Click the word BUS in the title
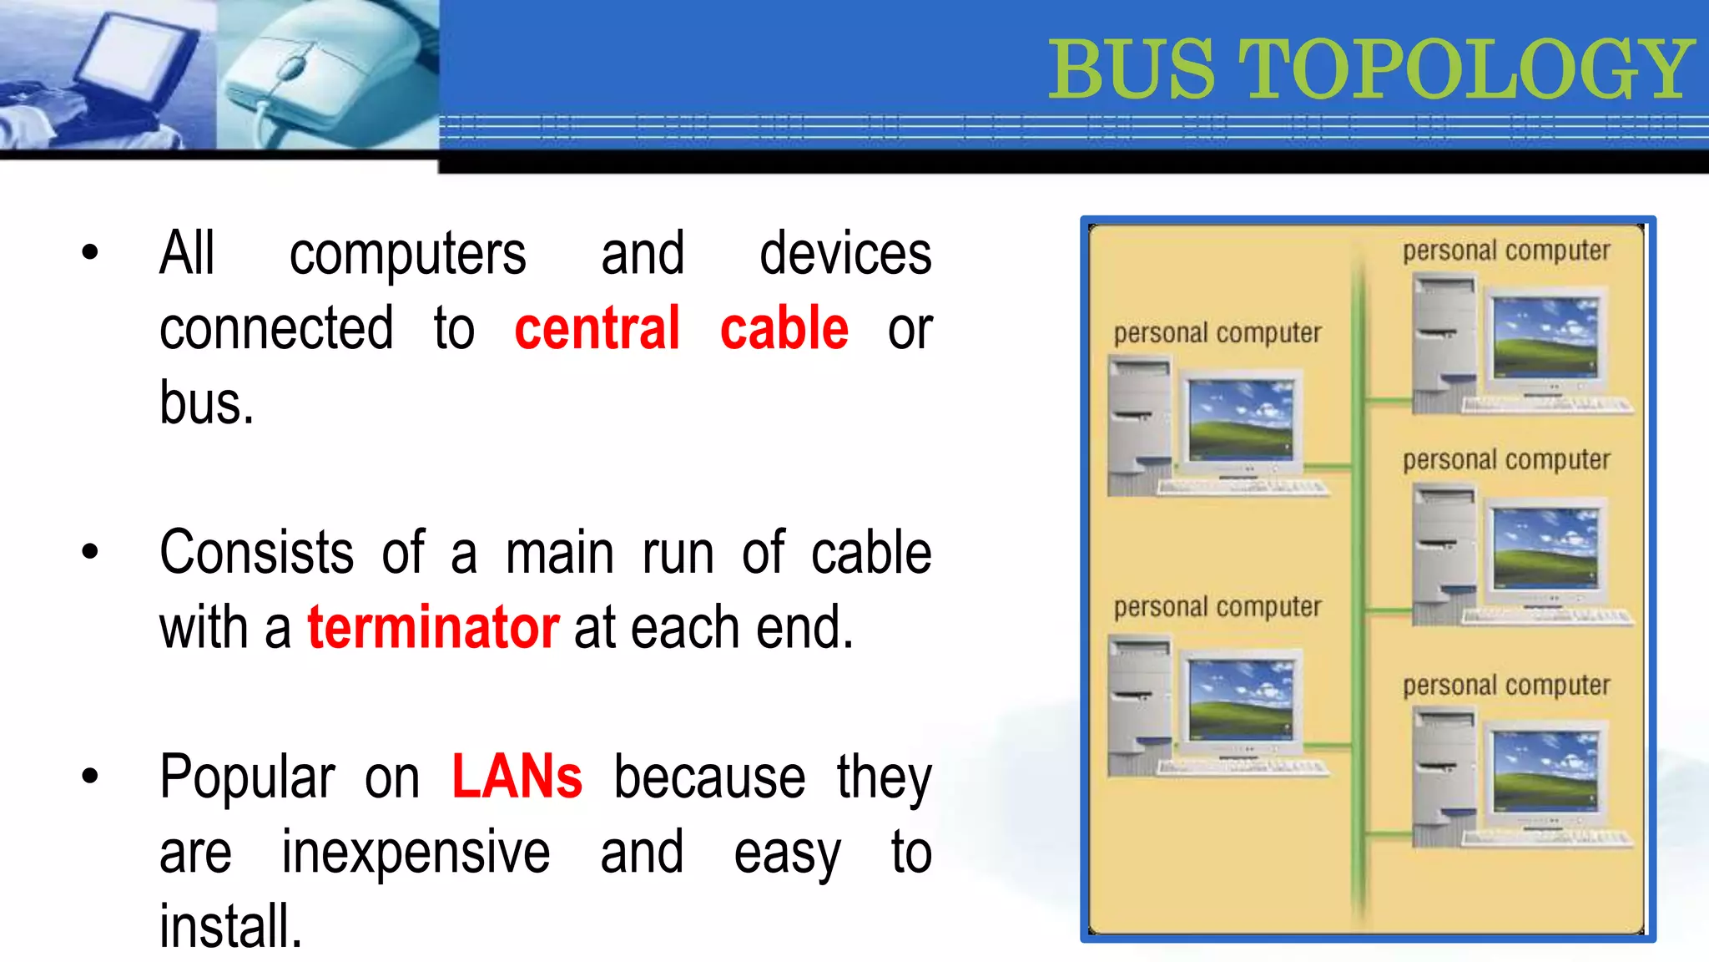pos(1132,70)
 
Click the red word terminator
pos(433,627)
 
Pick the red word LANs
pos(517,777)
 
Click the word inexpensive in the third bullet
pos(416,852)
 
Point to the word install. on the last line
pos(230,927)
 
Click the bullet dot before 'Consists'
pos(90,551)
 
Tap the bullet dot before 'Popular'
pos(90,776)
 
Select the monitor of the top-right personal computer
pos(1545,338)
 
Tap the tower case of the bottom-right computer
pos(1444,777)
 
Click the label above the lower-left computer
pos(1217,607)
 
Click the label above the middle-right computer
pos(1505,460)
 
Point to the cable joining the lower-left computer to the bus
pos(1327,744)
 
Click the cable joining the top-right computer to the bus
pos(1389,402)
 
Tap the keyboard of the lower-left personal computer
pos(1243,767)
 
